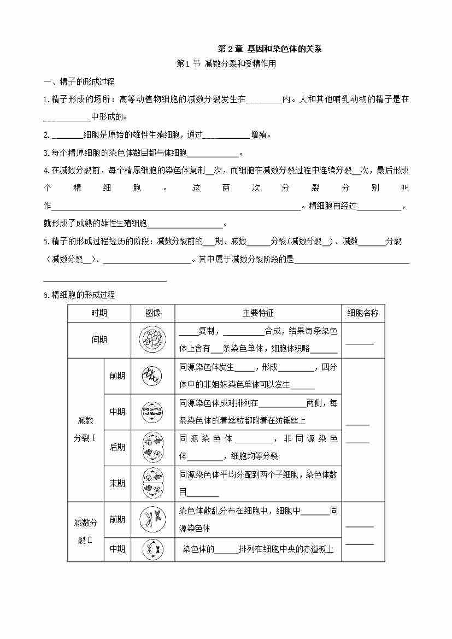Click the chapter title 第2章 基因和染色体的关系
tap(269, 49)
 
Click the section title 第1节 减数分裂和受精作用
tap(227, 63)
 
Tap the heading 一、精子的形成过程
tap(79, 81)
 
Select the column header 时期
tap(99, 313)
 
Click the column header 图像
tap(152, 313)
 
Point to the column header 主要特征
tap(258, 313)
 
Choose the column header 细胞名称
tap(362, 313)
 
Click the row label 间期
tap(99, 339)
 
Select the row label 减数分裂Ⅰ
tap(86, 429)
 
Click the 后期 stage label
tap(117, 447)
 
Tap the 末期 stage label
tap(117, 483)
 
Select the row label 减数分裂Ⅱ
tap(86, 531)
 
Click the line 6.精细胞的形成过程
tap(79, 295)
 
